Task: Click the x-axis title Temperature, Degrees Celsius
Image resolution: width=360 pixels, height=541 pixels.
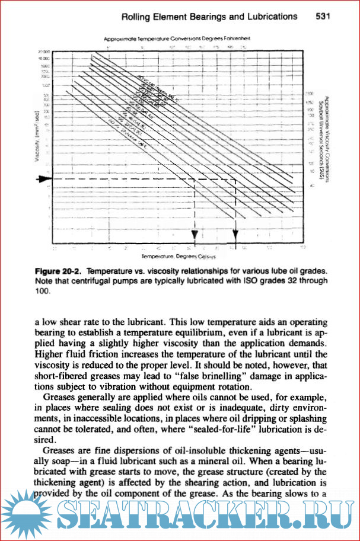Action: pos(177,257)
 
